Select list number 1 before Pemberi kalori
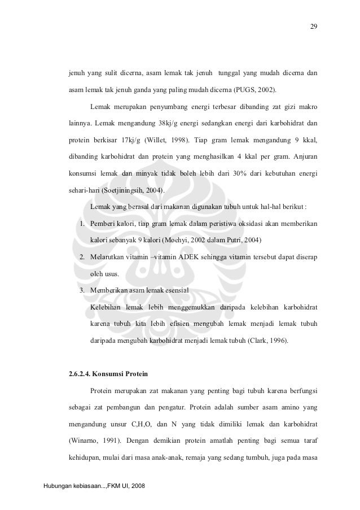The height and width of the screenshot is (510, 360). pyautogui.click(x=82, y=224)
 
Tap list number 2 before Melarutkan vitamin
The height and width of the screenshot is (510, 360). pyautogui.click(x=82, y=258)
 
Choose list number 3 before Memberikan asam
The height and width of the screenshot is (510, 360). pyautogui.click(x=82, y=291)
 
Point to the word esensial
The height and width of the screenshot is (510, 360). pyautogui.click(x=174, y=291)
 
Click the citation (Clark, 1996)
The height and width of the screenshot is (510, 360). pyautogui.click(x=267, y=341)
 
